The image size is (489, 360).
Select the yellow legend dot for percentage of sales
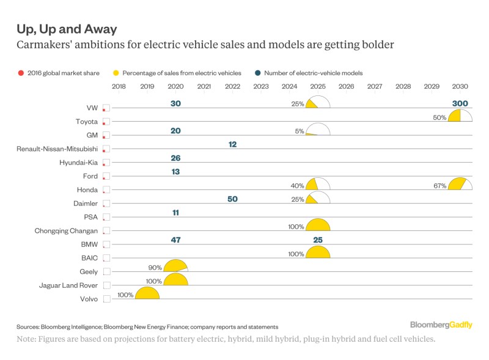pyautogui.click(x=116, y=73)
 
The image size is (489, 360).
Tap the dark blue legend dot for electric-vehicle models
pyautogui.click(x=257, y=73)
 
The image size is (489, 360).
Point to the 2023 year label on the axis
pyautogui.click(x=261, y=87)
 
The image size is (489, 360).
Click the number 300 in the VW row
pyautogui.click(x=460, y=103)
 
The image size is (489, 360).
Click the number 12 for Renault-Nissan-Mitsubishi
pyautogui.click(x=232, y=144)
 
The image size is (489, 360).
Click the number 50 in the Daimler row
pyautogui.click(x=232, y=199)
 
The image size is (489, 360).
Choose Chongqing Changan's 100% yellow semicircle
pyautogui.click(x=318, y=225)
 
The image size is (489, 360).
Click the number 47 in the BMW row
pyautogui.click(x=175, y=240)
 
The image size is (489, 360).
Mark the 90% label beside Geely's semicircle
pyautogui.click(x=154, y=267)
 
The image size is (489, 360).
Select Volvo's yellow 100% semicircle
pyautogui.click(x=147, y=293)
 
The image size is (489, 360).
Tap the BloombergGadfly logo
pyautogui.click(x=441, y=325)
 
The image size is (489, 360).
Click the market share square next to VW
pyautogui.click(x=106, y=108)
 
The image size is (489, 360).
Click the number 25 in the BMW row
pyautogui.click(x=318, y=240)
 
